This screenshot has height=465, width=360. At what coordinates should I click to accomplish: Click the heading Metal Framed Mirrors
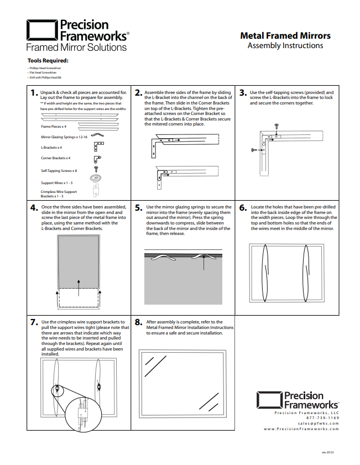(285, 35)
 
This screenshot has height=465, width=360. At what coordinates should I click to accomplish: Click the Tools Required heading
(48, 60)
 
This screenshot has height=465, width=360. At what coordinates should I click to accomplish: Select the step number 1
(34, 93)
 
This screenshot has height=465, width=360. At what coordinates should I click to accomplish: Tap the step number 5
(139, 208)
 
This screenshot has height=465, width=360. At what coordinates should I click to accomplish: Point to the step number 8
(139, 323)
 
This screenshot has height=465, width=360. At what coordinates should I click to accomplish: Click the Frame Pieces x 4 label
(54, 127)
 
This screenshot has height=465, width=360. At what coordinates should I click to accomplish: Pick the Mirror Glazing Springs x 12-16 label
(64, 136)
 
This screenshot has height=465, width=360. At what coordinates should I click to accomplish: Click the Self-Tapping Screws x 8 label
(59, 171)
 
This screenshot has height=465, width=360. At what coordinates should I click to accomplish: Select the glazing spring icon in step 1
(97, 134)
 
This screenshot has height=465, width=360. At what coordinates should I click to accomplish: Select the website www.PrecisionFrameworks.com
(301, 429)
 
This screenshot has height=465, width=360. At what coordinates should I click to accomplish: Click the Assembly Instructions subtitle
(285, 46)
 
